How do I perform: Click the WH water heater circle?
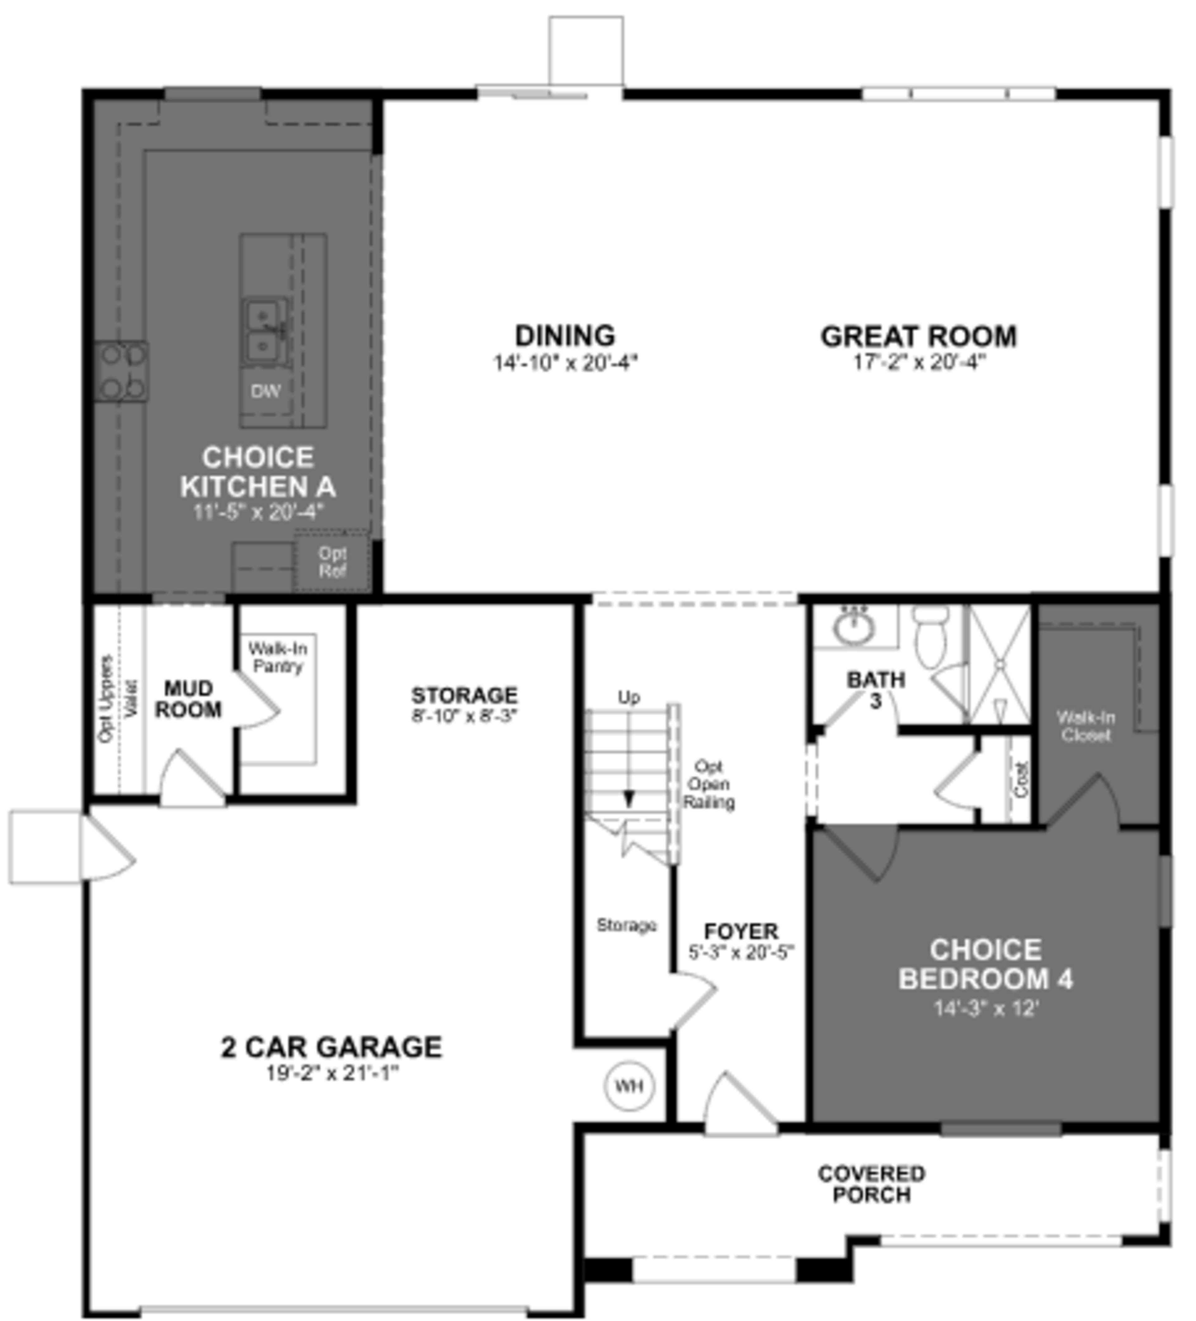coord(628,1086)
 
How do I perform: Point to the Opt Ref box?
coord(332,562)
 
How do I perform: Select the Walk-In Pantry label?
coord(278,657)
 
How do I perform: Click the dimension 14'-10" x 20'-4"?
coord(565,362)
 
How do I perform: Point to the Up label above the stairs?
coord(629,697)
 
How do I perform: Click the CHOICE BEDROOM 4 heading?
coord(985,964)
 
